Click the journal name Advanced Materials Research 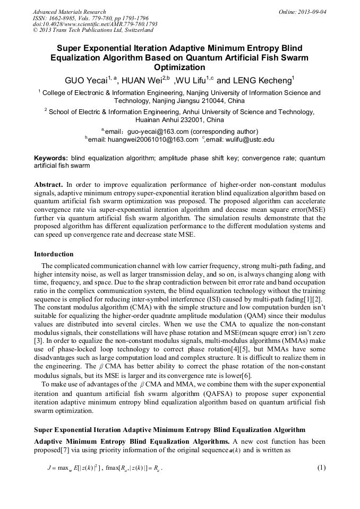pos(70,12)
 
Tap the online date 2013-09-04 pos(312,12)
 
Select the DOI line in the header pos(95,24)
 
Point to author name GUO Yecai pos(86,81)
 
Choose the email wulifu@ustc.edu pos(250,140)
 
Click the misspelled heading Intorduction pos(54,254)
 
